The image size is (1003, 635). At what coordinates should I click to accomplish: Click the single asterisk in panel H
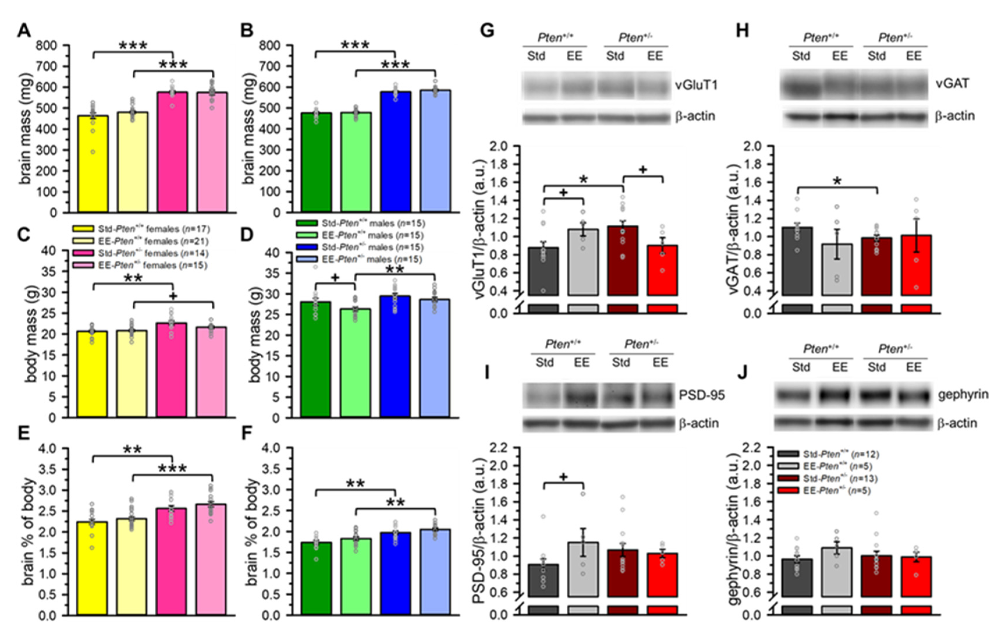[837, 182]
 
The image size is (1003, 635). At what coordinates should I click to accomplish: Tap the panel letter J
[743, 373]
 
